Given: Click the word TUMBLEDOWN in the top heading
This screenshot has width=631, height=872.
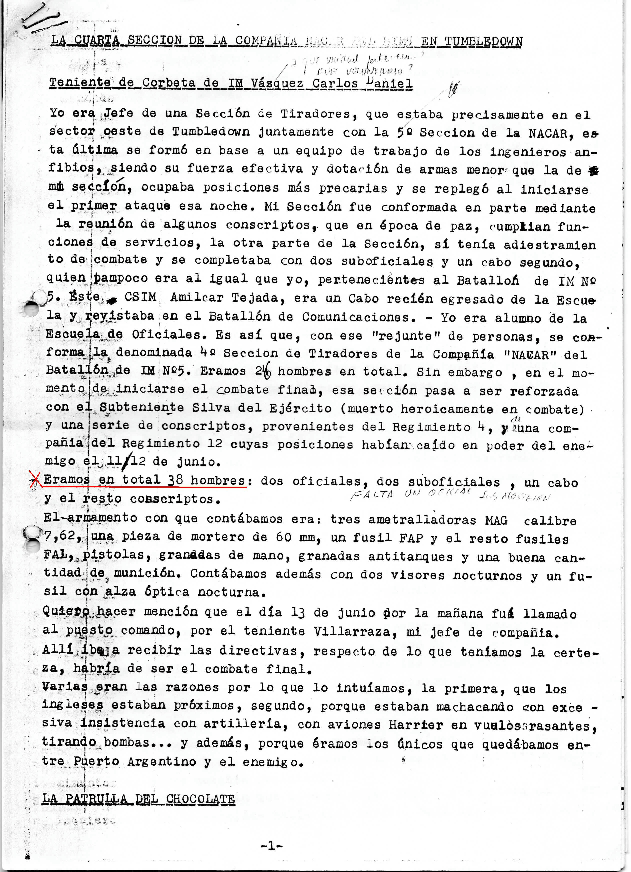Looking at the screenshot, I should click(x=484, y=41).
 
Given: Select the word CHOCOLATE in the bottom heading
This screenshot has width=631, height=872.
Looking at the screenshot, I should click(x=200, y=798).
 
